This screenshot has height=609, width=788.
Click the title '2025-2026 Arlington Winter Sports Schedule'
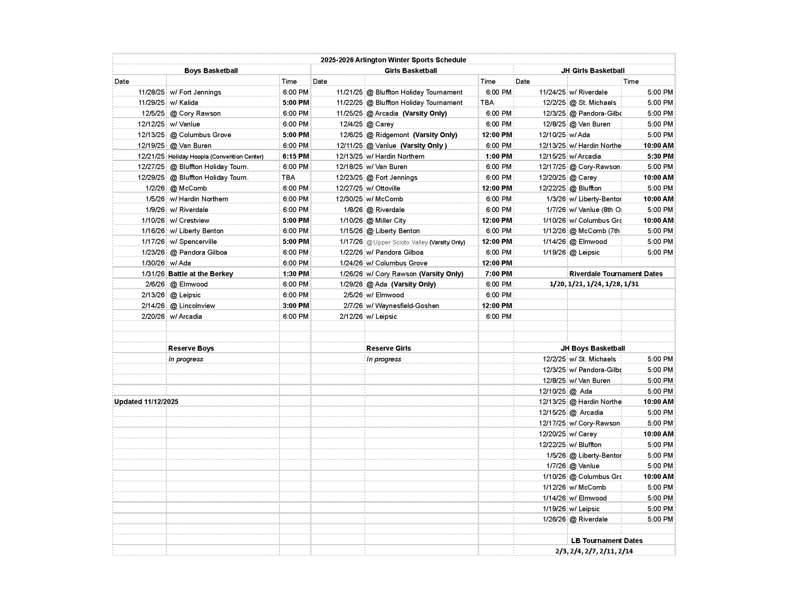click(393, 60)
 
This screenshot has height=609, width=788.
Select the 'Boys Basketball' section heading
click(211, 71)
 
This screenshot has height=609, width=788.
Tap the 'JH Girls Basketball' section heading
click(593, 71)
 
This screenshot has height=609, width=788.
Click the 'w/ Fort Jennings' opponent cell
click(195, 92)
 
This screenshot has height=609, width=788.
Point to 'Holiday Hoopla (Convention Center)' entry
click(216, 156)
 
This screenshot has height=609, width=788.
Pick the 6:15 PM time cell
click(295, 156)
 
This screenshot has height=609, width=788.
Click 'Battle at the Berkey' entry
click(201, 274)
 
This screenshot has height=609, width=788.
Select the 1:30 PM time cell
click(295, 274)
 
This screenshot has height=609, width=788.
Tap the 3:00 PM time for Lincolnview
click(295, 305)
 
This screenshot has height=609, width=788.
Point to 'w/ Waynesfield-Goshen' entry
click(402, 305)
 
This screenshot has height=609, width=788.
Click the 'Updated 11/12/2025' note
click(146, 402)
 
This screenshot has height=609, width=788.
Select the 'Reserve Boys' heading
click(191, 348)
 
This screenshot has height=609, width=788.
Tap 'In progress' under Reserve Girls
click(383, 359)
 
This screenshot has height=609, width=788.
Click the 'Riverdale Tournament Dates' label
click(616, 274)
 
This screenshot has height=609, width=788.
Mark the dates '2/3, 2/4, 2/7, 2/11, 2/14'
click(594, 551)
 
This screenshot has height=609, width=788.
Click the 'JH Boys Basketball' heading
click(593, 348)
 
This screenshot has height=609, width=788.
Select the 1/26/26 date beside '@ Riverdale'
click(554, 519)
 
